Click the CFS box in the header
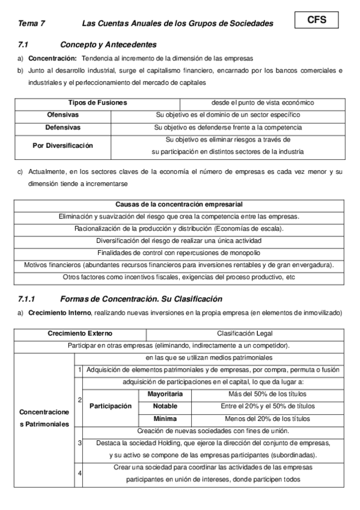point(316,20)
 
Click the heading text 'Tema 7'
point(31,23)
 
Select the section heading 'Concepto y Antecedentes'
point(108,45)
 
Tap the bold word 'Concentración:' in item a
point(53,58)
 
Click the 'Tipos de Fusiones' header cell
point(97,103)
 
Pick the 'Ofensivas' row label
point(63,114)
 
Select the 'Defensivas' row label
point(63,127)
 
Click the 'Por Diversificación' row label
point(63,146)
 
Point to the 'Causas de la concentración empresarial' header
point(179,204)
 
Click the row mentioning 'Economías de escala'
point(179,229)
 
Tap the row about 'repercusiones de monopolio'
point(179,253)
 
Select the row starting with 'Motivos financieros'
point(179,265)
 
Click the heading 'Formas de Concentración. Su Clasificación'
point(141,299)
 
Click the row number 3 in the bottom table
point(79,443)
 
